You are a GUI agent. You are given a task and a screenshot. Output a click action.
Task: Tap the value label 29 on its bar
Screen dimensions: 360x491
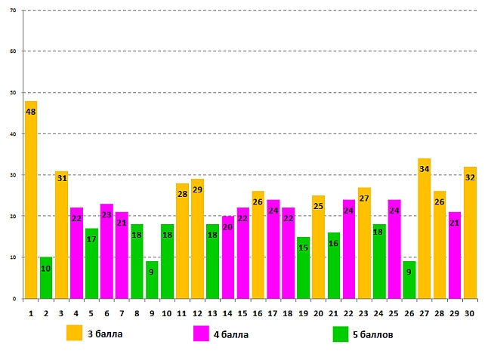[197, 189]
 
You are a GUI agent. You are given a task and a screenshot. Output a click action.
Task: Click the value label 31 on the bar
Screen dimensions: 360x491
[61, 178]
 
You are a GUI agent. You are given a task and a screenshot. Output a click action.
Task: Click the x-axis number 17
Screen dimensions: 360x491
[273, 312]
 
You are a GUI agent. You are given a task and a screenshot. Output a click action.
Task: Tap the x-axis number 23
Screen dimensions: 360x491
[363, 312]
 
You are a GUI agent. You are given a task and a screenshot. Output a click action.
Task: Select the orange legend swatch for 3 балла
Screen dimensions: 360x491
[74, 333]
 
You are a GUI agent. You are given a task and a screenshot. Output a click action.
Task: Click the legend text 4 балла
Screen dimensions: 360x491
[232, 333]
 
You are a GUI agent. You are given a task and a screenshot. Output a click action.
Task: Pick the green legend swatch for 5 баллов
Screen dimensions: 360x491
[340, 333]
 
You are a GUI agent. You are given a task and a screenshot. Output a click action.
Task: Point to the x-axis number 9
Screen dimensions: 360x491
[152, 312]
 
